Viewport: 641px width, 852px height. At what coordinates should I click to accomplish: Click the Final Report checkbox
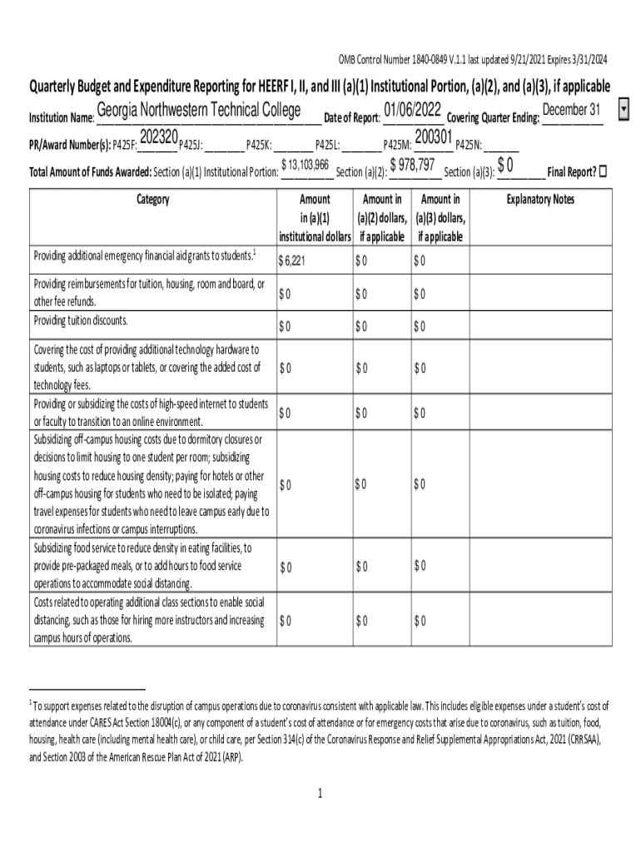pyautogui.click(x=604, y=171)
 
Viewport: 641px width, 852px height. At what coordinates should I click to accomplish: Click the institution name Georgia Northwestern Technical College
pyautogui.click(x=203, y=111)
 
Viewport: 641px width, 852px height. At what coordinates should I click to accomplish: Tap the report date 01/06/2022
pyautogui.click(x=413, y=110)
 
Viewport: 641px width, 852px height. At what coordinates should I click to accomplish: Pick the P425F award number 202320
pyautogui.click(x=159, y=137)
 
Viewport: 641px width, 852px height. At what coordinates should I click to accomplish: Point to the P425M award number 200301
pyautogui.click(x=433, y=137)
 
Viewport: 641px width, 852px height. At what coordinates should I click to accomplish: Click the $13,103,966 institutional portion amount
pyautogui.click(x=306, y=166)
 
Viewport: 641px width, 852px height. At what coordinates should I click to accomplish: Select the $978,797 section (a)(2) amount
pyautogui.click(x=413, y=166)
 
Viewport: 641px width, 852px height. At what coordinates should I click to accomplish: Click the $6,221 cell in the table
pyautogui.click(x=293, y=260)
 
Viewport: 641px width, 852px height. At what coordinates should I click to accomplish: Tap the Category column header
pyautogui.click(x=151, y=200)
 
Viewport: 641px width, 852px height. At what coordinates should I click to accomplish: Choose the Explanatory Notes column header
pyautogui.click(x=540, y=200)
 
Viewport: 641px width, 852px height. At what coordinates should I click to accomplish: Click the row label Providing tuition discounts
pyautogui.click(x=81, y=321)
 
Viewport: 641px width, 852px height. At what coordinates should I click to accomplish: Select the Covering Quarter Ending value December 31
pyautogui.click(x=571, y=111)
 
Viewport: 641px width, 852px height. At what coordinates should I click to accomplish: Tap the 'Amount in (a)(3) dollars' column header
pyautogui.click(x=440, y=218)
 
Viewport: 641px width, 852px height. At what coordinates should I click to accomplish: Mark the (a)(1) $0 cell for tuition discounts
pyautogui.click(x=285, y=325)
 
